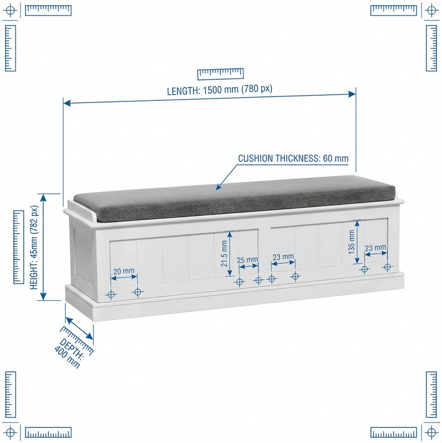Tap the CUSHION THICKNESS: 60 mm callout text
pyautogui.click(x=293, y=159)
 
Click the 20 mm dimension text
pyautogui.click(x=124, y=271)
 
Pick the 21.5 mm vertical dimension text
pyautogui.click(x=224, y=253)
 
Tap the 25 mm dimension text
pyautogui.click(x=247, y=260)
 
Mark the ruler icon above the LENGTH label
pyautogui.click(x=220, y=73)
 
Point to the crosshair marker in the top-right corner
pyautogui.click(x=432, y=10)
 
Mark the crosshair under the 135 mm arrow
pyautogui.click(x=364, y=269)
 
